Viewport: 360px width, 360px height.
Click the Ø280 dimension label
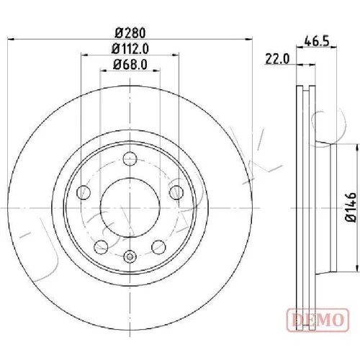[130, 33]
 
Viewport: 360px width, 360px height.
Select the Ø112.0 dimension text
[130, 49]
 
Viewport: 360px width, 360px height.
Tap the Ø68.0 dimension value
[130, 65]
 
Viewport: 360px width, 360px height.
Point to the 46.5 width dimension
[316, 42]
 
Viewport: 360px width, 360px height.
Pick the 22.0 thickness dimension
[277, 59]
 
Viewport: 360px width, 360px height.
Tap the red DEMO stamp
[318, 320]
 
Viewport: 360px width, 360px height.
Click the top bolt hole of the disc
[130, 158]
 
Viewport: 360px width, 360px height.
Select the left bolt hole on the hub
[84, 192]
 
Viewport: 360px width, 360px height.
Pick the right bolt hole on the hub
[176, 192]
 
